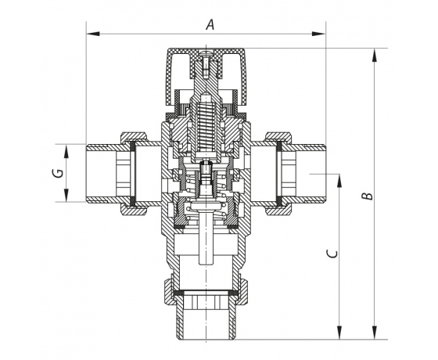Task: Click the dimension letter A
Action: click(x=210, y=24)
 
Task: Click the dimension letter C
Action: click(x=332, y=254)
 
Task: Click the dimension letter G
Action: click(x=58, y=173)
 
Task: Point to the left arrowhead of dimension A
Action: click(x=93, y=34)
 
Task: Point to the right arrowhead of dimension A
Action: click(x=319, y=34)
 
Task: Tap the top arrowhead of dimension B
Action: click(x=375, y=56)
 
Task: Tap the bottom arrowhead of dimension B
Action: click(x=375, y=333)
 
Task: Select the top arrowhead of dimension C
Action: click(x=339, y=181)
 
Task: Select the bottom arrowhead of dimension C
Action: click(x=339, y=333)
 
